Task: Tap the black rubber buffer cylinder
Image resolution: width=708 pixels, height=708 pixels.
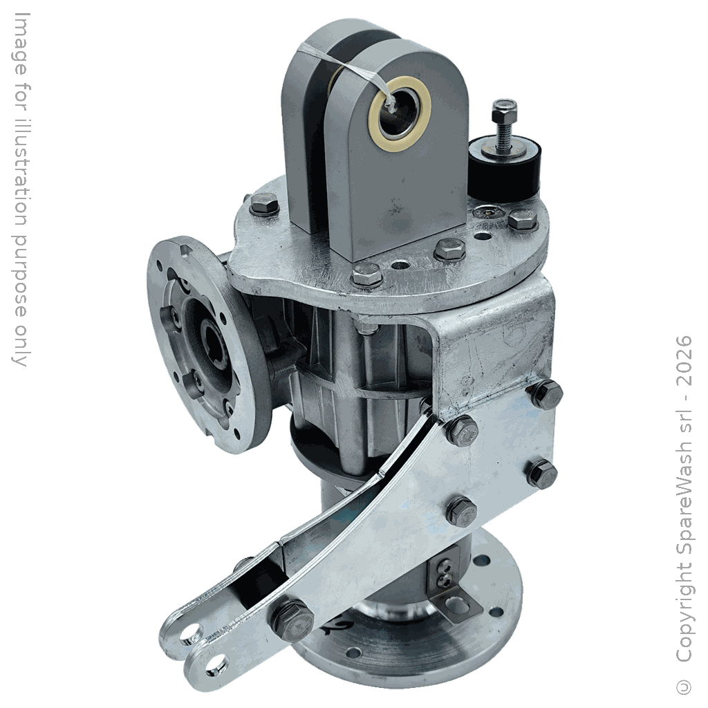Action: pos(504,169)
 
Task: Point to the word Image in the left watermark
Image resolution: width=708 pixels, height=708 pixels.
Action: pos(19,44)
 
